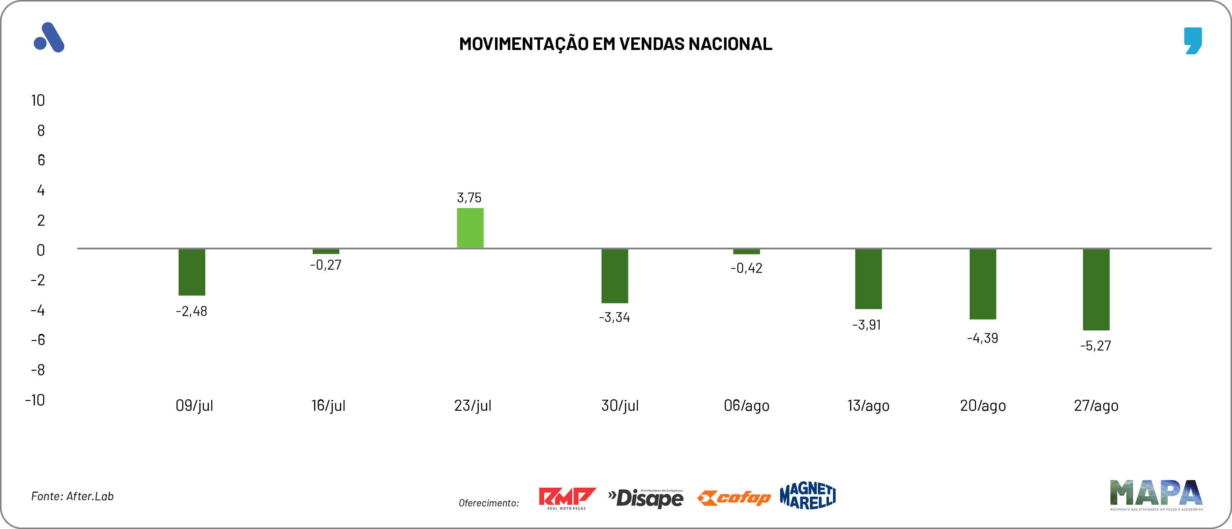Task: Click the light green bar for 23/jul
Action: tap(470, 228)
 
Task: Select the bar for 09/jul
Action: tap(192, 272)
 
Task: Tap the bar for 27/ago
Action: tap(1096, 289)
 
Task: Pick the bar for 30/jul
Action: tap(615, 276)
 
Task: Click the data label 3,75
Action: tap(469, 198)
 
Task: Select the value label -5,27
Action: tap(1095, 345)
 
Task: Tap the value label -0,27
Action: tap(326, 264)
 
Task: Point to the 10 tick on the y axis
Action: tap(38, 100)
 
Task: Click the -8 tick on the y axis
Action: tap(38, 370)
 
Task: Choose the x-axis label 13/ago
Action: tap(868, 406)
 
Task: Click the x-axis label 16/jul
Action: tap(328, 406)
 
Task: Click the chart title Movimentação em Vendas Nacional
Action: tap(615, 43)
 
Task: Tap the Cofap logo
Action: tap(734, 498)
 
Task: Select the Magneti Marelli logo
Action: tap(807, 496)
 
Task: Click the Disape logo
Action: tap(646, 498)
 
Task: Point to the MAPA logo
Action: tap(1156, 494)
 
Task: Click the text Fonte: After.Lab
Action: tap(73, 496)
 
